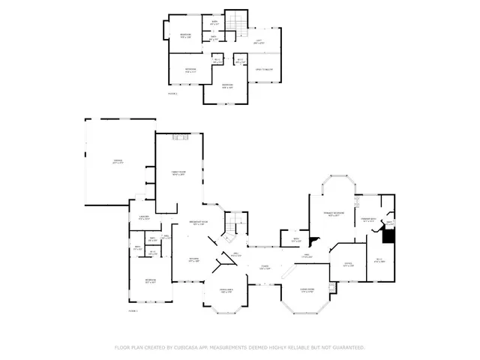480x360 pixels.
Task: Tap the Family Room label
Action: pos(178,172)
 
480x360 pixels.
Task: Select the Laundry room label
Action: pos(144,217)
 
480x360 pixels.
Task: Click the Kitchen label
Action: pos(193,260)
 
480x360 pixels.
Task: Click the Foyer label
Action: pos(265,266)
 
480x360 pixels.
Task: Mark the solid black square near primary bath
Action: pos(388,235)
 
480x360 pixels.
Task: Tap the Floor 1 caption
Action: pos(133,310)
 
